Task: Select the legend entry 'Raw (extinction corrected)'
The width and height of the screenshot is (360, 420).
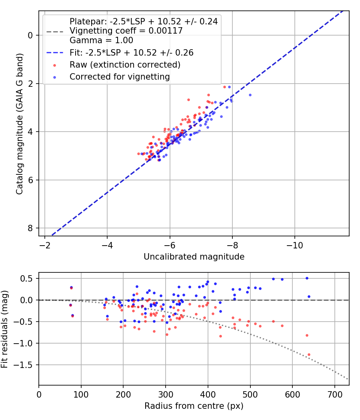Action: tap(125, 64)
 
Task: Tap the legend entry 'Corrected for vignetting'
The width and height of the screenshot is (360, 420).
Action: tap(120, 76)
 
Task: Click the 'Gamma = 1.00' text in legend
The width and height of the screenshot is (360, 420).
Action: tap(101, 40)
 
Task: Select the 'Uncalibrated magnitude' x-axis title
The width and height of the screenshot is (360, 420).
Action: tap(194, 256)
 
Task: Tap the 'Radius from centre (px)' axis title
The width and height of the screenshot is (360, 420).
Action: tap(194, 406)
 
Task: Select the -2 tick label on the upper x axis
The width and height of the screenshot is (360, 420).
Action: tap(44, 244)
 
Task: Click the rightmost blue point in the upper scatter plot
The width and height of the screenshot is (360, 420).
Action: tap(250, 95)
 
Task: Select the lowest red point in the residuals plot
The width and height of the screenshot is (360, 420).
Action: tap(309, 354)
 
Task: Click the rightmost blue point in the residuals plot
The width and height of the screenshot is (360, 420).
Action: tap(309, 296)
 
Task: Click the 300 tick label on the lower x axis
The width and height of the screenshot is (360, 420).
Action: tap(166, 394)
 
